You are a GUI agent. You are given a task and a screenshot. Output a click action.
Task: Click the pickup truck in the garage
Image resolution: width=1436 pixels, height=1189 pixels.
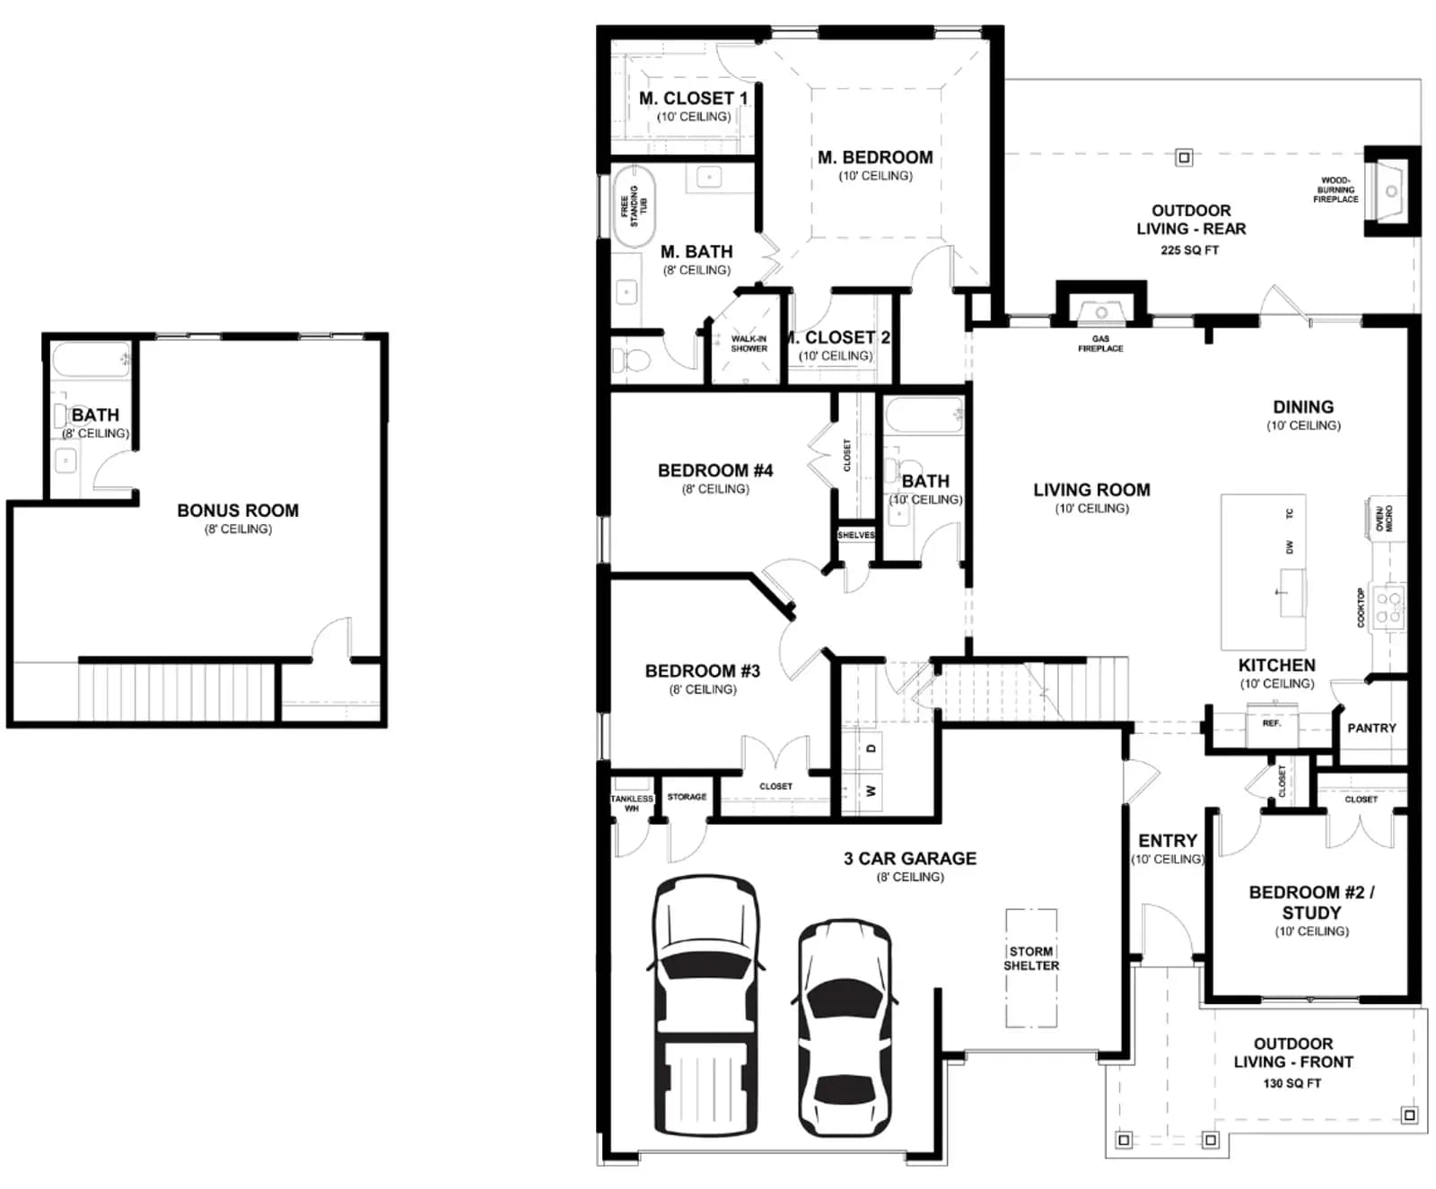point(705,1005)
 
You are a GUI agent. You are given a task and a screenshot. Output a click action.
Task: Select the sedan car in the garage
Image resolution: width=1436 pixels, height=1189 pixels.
point(845,1027)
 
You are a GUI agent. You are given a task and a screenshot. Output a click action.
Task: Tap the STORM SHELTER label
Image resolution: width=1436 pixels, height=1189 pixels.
point(1031,958)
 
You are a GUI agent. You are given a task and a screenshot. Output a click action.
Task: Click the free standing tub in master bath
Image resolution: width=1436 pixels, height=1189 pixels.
point(634,206)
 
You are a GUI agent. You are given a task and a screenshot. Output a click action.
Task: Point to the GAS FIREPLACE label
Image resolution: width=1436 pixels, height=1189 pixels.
point(1100,344)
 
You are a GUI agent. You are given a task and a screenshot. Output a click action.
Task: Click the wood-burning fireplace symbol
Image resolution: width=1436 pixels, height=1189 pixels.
point(1391,191)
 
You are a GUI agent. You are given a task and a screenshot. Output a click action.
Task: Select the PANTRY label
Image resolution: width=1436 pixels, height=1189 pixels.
point(1371,728)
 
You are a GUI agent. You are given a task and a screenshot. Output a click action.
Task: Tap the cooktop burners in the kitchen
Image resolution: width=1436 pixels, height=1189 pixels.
point(1389,607)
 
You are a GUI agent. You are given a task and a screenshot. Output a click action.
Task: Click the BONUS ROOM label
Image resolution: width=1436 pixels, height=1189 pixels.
point(238,511)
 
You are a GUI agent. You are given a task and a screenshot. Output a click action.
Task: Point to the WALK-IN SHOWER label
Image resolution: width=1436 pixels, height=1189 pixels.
point(749,344)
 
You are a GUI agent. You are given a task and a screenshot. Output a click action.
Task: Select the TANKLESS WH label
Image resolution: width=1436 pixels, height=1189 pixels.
point(632,803)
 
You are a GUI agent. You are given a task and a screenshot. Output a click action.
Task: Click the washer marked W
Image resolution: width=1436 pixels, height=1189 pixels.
point(870,791)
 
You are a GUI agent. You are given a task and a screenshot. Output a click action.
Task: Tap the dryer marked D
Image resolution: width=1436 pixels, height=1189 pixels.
point(870,748)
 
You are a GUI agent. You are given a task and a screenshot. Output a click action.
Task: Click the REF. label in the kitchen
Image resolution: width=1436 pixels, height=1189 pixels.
point(1271,722)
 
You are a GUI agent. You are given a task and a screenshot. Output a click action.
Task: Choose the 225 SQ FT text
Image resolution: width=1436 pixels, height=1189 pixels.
point(1189,250)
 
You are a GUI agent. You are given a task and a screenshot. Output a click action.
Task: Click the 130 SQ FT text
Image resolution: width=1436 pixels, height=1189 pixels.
point(1292,1083)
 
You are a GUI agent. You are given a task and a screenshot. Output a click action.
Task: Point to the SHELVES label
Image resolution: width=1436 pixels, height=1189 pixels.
point(855,535)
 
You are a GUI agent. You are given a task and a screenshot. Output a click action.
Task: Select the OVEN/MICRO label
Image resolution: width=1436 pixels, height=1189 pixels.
point(1384,519)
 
